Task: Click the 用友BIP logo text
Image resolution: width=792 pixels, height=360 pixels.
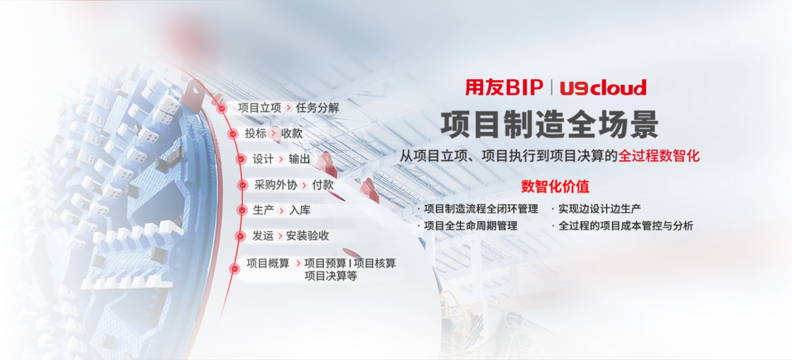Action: click(504, 88)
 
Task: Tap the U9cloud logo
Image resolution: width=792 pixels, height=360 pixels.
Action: click(603, 88)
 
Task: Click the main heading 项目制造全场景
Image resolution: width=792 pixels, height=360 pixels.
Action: click(549, 125)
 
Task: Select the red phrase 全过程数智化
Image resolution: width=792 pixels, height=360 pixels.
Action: click(659, 156)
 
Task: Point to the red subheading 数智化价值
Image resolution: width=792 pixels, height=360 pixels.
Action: click(555, 187)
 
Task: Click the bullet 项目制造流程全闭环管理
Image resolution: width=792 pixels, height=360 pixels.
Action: click(481, 209)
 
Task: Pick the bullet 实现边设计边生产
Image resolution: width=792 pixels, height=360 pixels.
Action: click(599, 209)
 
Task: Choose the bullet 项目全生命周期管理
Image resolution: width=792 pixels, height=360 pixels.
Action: click(470, 226)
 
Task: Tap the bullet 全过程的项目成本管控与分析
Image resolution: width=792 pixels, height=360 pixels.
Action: click(626, 226)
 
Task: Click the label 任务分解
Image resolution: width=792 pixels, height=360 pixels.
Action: click(317, 108)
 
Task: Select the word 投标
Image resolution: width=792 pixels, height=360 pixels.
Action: click(255, 133)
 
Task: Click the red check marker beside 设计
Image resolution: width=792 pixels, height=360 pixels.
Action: click(241, 159)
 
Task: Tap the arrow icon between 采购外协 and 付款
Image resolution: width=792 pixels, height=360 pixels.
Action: click(304, 185)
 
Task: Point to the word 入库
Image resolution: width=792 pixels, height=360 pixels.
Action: click(300, 210)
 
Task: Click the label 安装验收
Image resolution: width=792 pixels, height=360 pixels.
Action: click(308, 236)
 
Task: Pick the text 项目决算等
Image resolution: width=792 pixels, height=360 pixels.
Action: click(331, 276)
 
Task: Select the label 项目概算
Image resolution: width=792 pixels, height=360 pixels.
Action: click(268, 263)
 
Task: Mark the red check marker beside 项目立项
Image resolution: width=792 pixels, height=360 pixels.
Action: click(222, 108)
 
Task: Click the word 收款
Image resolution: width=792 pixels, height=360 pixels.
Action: click(292, 133)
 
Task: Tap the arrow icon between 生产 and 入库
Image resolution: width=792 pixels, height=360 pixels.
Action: click(281, 211)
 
